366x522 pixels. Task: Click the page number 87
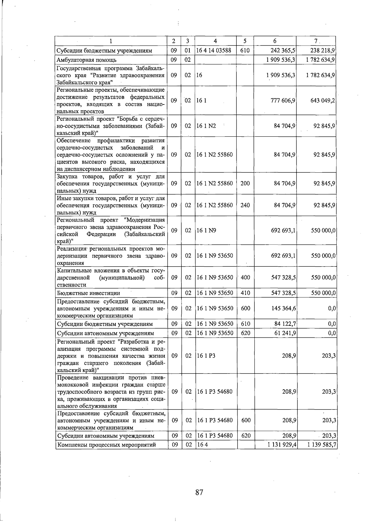point(199,492)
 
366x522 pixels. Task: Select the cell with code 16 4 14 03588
point(214,50)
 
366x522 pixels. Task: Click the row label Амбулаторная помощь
point(87,60)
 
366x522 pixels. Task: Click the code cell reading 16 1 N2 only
point(206,126)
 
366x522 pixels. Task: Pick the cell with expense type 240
point(245,205)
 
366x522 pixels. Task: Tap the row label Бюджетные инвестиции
point(88,293)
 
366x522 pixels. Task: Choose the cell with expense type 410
point(246,293)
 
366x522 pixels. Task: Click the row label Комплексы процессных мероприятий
point(106,445)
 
